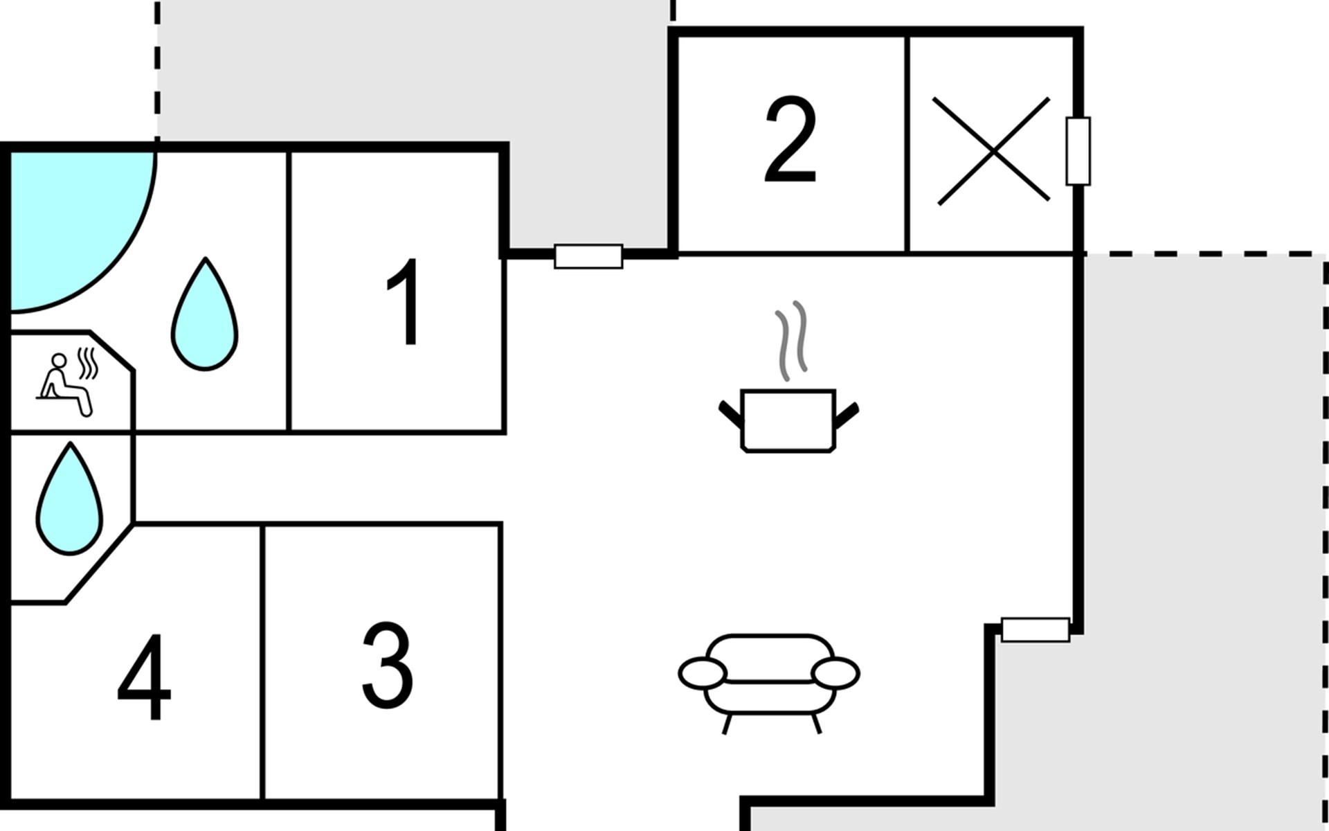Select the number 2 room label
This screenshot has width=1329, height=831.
(x=790, y=140)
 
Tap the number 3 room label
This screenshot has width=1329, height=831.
(x=388, y=665)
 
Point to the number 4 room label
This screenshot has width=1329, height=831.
(x=144, y=677)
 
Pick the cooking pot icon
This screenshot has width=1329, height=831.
(x=789, y=421)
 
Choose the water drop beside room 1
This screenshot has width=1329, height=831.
(x=205, y=314)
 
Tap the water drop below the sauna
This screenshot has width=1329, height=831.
(x=69, y=499)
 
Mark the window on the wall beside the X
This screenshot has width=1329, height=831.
(x=1078, y=151)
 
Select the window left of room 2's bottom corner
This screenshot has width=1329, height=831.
(x=588, y=256)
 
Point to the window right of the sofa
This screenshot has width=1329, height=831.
(x=1036, y=629)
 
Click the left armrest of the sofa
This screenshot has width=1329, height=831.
(x=703, y=674)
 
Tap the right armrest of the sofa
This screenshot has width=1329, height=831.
(x=835, y=674)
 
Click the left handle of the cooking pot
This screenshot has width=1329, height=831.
(x=730, y=413)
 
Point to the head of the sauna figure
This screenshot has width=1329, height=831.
(x=60, y=361)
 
